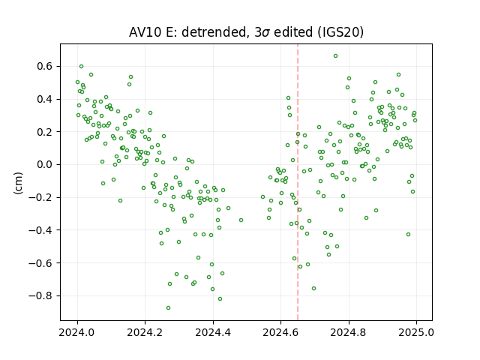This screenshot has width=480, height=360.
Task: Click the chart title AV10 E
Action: click(x=246, y=32)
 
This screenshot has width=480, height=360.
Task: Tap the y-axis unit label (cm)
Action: click(x=18, y=183)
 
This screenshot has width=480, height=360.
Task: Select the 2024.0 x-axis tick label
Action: click(x=77, y=332)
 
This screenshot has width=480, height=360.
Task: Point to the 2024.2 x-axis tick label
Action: click(x=145, y=332)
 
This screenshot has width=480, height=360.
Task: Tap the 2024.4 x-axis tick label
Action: click(x=213, y=332)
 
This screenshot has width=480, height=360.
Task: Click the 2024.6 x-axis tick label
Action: click(x=280, y=332)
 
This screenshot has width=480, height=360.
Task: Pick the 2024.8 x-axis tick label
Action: click(x=348, y=332)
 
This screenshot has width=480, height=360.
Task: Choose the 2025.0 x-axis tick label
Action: click(x=416, y=332)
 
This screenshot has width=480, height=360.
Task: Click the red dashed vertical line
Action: click(x=298, y=182)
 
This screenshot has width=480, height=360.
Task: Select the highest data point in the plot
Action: click(x=335, y=56)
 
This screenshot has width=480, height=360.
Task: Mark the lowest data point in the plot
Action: click(x=168, y=307)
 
